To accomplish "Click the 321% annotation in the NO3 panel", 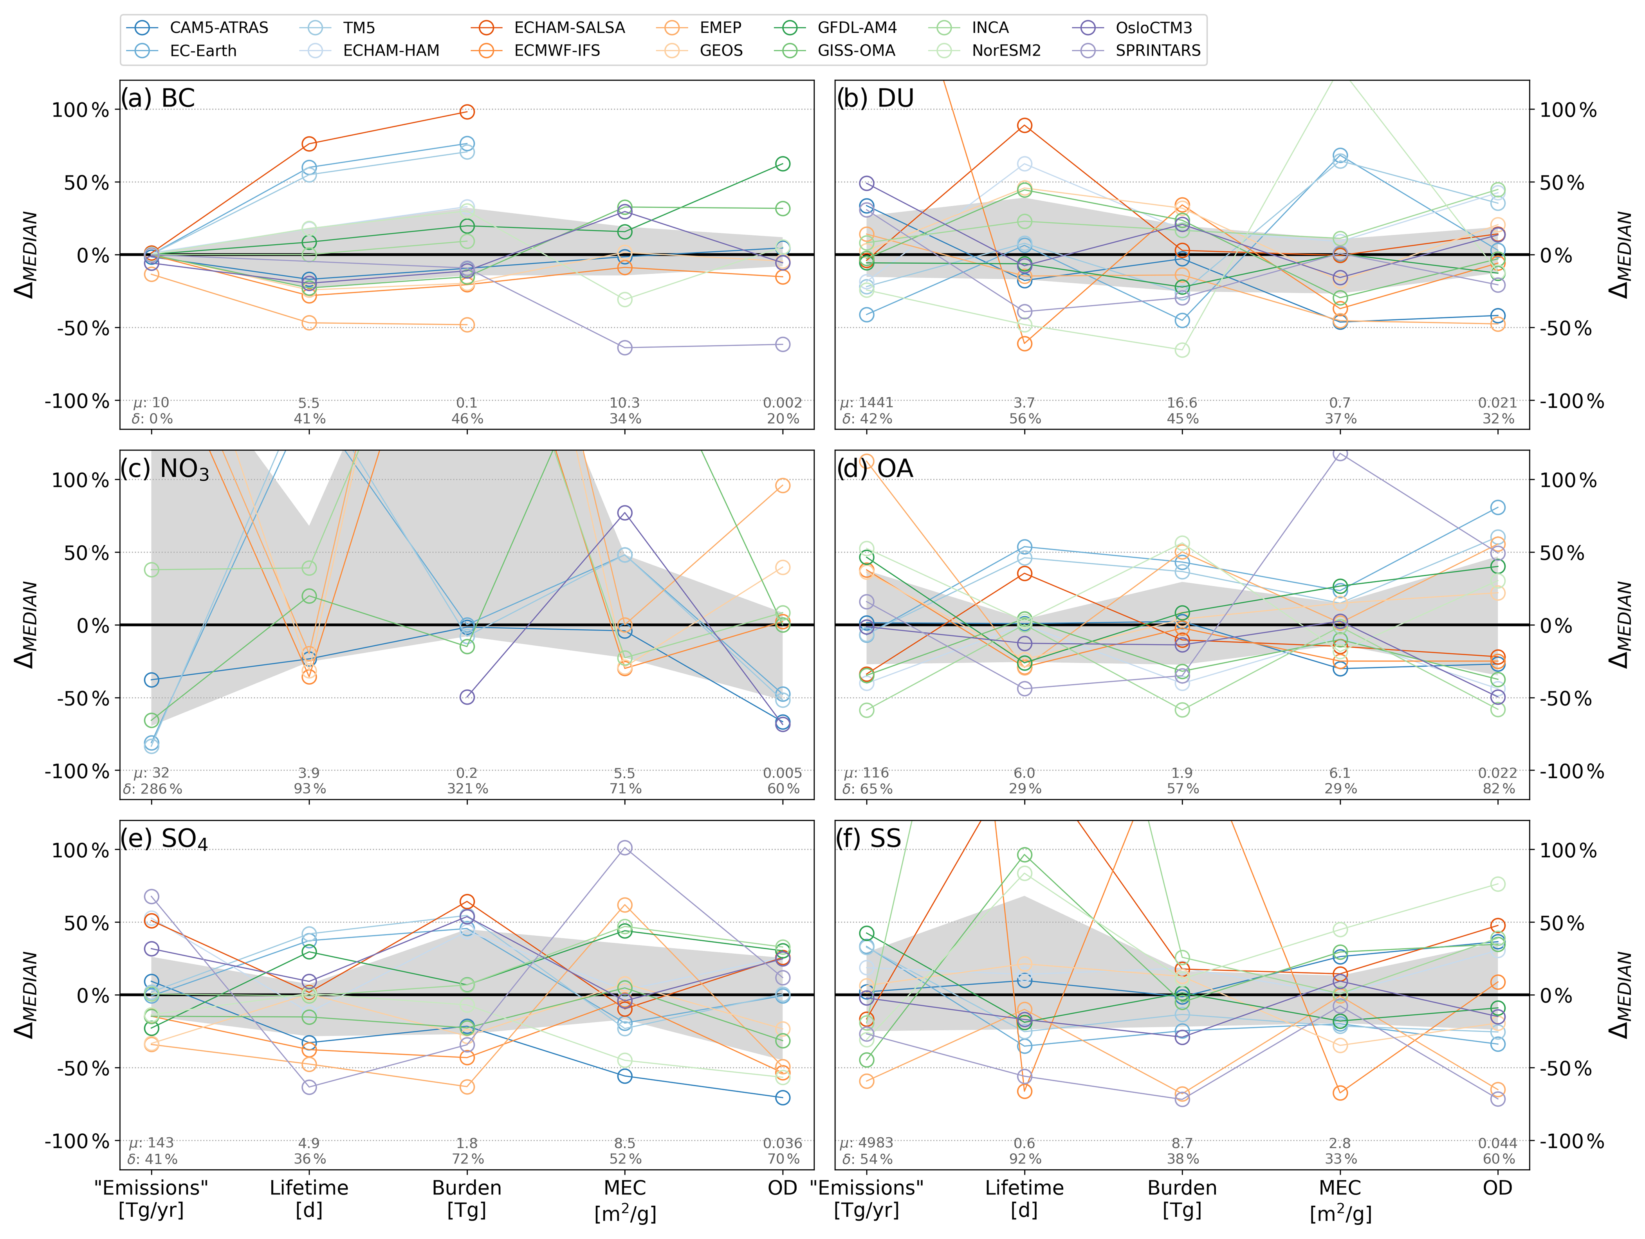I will tap(467, 788).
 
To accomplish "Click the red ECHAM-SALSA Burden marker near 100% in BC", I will tap(467, 112).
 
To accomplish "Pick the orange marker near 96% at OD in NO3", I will tap(782, 486).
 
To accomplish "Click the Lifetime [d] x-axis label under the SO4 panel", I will tap(308, 1198).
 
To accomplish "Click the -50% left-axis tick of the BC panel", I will tap(82, 328).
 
